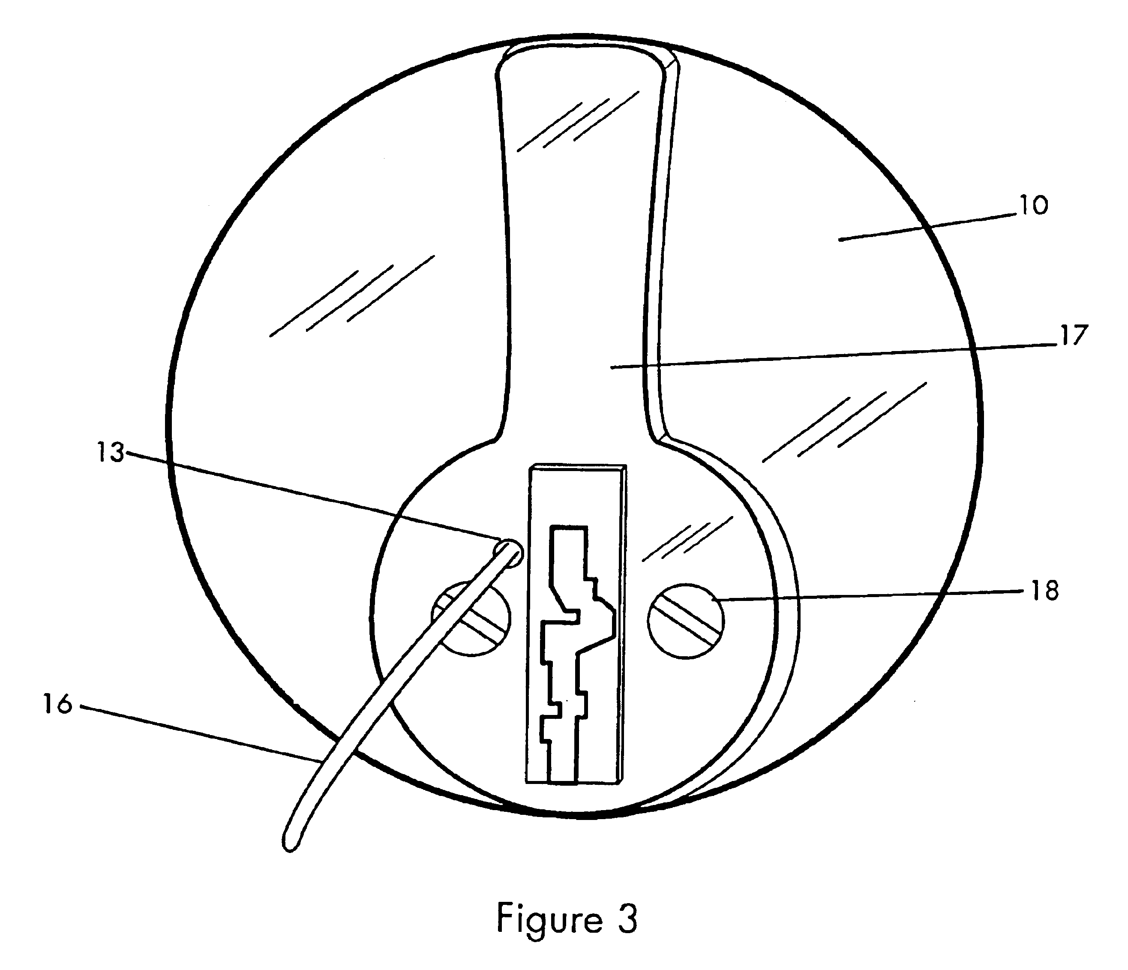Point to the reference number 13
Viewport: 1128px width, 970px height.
tap(111, 453)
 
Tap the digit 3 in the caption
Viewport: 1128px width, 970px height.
tap(627, 919)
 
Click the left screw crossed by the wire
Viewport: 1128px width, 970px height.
tap(471, 619)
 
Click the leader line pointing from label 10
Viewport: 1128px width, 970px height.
tap(925, 226)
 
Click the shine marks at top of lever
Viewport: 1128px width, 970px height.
tap(577, 123)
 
